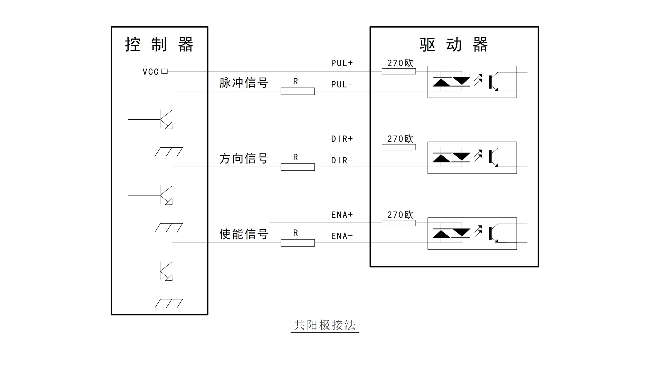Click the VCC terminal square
(164, 71)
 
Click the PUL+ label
(342, 63)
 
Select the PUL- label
(342, 84)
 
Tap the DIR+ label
(342, 139)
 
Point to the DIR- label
(342, 160)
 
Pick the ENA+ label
(342, 215)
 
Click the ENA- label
(342, 236)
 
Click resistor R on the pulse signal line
(298, 91)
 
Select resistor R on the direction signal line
(298, 167)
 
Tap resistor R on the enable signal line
(298, 243)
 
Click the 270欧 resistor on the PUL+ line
(398, 71)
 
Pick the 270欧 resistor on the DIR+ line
(398, 147)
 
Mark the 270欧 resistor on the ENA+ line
(398, 223)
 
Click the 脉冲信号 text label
(244, 83)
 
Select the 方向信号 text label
(244, 159)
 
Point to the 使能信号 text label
(244, 234)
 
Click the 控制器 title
(159, 45)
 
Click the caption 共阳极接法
(325, 325)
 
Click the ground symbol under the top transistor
(169, 152)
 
